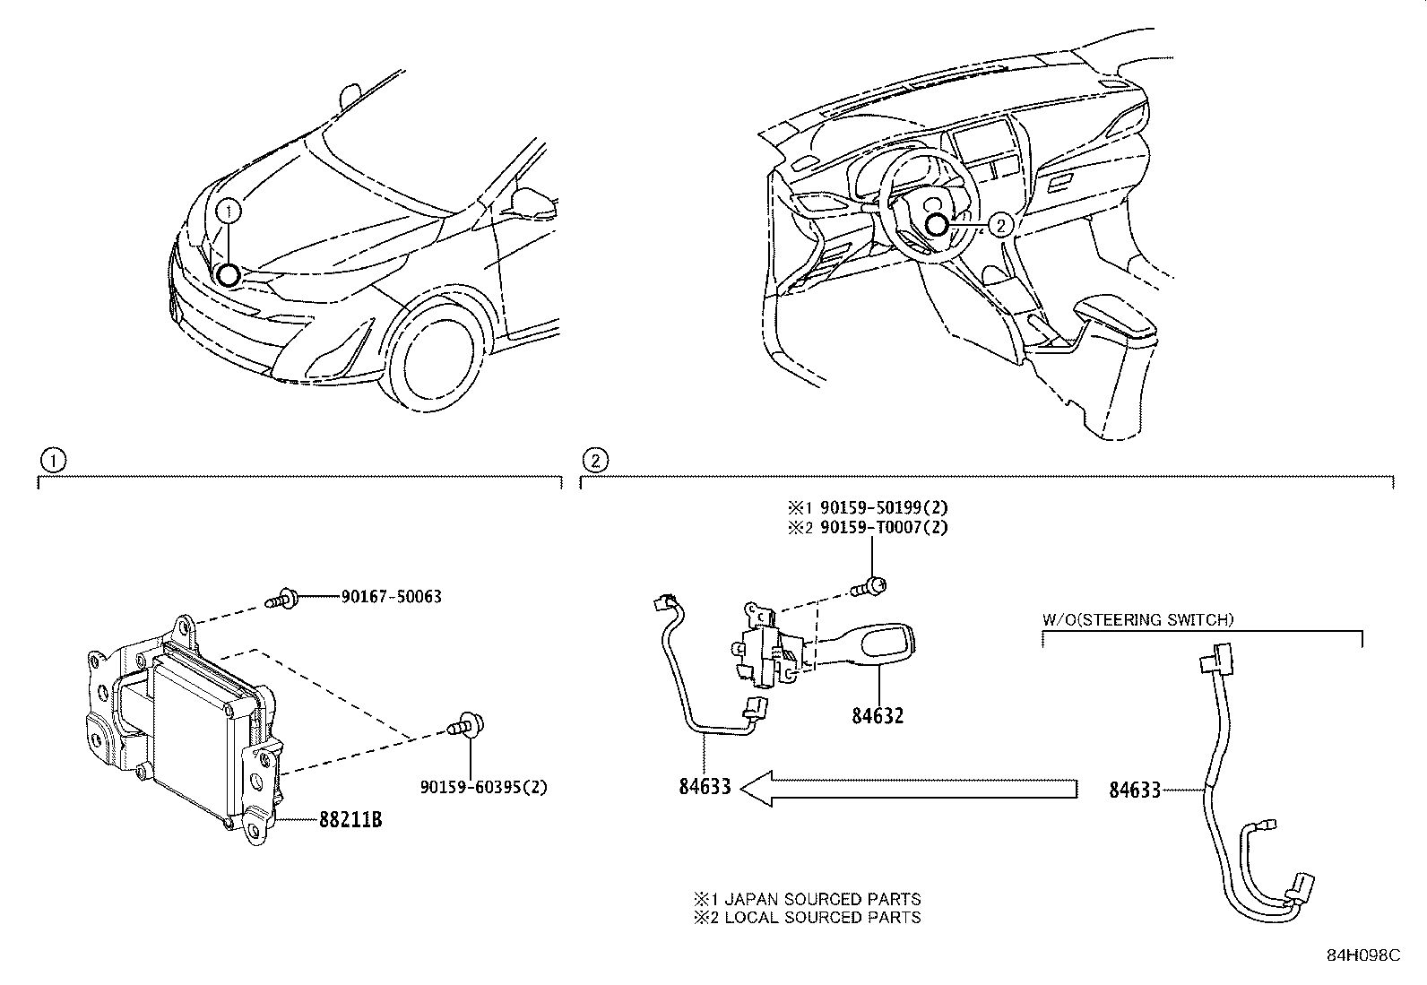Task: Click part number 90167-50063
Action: pyautogui.click(x=391, y=597)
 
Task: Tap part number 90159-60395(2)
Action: pyautogui.click(x=483, y=788)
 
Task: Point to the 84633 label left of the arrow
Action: pyautogui.click(x=705, y=787)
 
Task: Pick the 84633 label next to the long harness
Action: pyautogui.click(x=1135, y=790)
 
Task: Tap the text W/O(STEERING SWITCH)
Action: pyautogui.click(x=1137, y=619)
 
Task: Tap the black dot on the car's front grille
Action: pyautogui.click(x=228, y=275)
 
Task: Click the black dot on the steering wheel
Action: pyautogui.click(x=938, y=226)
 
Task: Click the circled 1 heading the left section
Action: pyautogui.click(x=54, y=461)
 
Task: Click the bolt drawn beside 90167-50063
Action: pyautogui.click(x=278, y=597)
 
